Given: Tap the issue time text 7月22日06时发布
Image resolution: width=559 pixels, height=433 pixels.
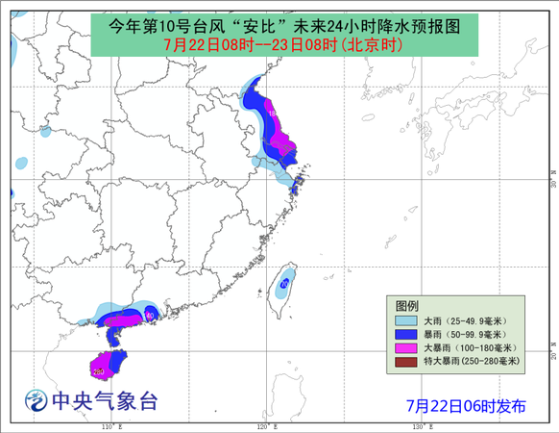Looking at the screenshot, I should coord(465,405).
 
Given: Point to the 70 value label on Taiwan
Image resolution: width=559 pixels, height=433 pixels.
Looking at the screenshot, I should coord(283,285).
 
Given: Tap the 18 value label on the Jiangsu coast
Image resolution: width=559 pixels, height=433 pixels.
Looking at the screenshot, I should coord(273,114).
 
